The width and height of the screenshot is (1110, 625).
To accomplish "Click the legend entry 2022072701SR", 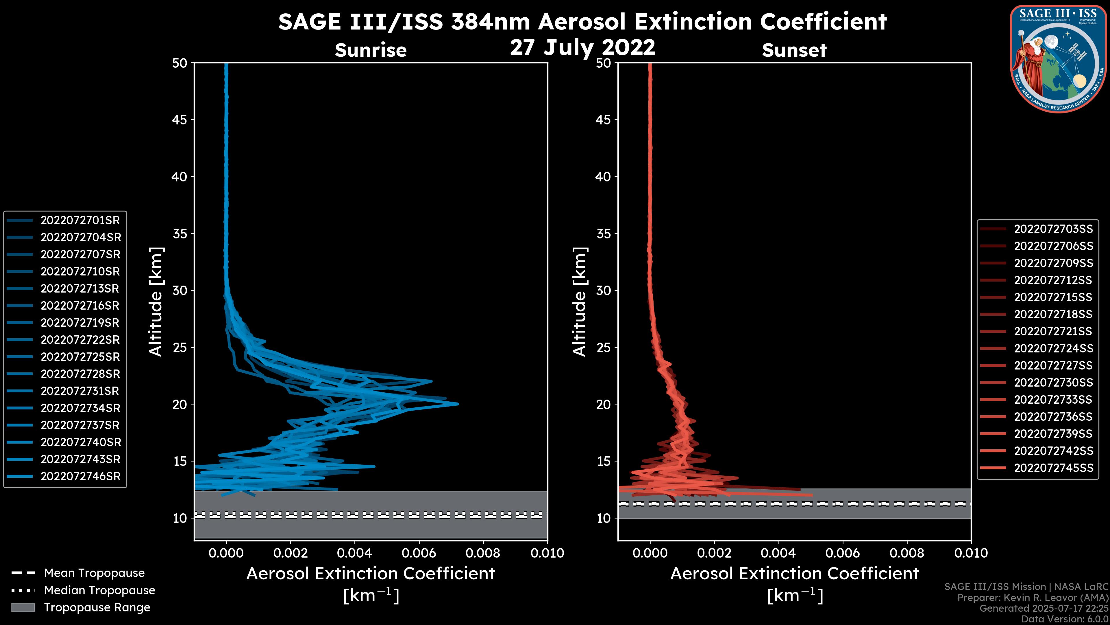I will (80, 220).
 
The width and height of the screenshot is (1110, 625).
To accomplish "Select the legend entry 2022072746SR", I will (80, 477).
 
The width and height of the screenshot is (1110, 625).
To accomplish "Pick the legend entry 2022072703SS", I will (1053, 229).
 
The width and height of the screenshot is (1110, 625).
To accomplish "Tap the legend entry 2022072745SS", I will (1053, 468).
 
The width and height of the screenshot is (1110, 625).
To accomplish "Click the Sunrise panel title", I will (371, 50).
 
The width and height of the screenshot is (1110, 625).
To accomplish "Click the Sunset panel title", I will (794, 50).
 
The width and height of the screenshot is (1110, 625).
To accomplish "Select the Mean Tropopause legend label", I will (94, 573).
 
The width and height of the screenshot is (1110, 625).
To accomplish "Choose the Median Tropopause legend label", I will (99, 591).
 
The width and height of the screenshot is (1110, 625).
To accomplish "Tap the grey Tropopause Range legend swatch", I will (23, 608).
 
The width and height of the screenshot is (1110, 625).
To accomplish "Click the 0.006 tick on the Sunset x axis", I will (842, 553).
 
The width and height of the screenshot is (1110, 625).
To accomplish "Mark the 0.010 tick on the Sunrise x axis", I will (547, 553).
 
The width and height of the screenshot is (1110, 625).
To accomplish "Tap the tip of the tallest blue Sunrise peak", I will (458, 404).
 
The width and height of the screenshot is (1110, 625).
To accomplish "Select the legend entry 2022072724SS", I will (1053, 348).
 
